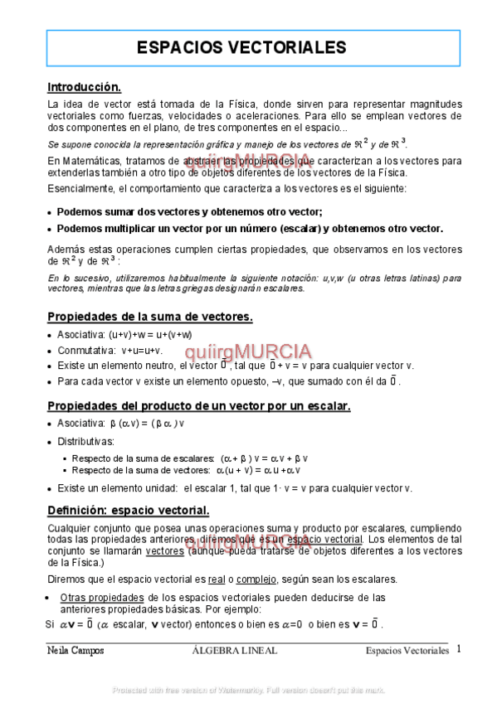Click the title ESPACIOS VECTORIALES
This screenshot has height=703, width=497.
[x=241, y=47]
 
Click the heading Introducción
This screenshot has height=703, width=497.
[x=85, y=86]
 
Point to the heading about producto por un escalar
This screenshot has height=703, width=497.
[x=199, y=405]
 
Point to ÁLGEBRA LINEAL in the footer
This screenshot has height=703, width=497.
[x=234, y=651]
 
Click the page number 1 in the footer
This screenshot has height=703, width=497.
[x=458, y=649]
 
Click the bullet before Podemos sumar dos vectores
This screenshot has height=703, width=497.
[x=50, y=211]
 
